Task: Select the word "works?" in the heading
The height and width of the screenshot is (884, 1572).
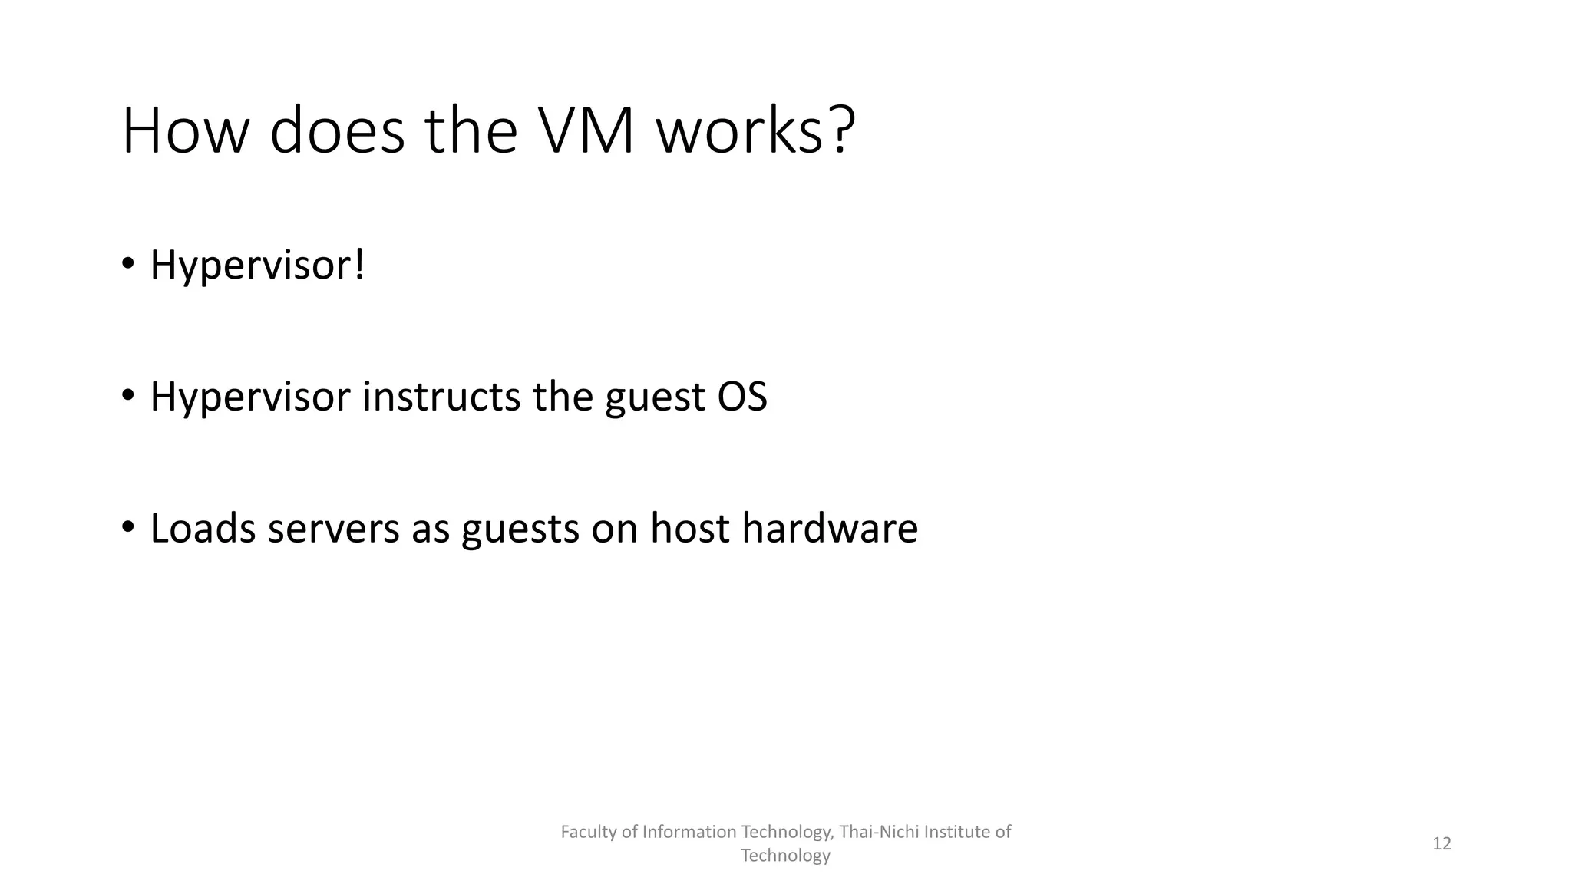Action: [x=755, y=131]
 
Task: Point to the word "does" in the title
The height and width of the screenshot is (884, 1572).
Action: [x=337, y=131]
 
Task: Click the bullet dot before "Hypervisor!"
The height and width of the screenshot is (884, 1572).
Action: [x=127, y=263]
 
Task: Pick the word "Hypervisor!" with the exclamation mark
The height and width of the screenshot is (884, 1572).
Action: [x=257, y=266]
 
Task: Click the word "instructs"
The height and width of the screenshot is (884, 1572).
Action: [x=441, y=397]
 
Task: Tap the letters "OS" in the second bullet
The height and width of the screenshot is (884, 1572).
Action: [x=741, y=397]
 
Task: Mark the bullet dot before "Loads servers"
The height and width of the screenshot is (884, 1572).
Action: [x=127, y=527]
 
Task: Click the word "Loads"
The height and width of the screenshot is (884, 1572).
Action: [x=203, y=529]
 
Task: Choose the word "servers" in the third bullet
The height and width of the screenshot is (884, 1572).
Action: [x=334, y=529]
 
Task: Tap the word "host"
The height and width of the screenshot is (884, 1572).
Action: [x=689, y=529]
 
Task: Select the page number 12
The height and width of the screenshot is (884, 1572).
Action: [x=1442, y=844]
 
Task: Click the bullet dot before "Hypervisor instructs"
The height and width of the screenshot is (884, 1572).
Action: [x=127, y=395]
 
